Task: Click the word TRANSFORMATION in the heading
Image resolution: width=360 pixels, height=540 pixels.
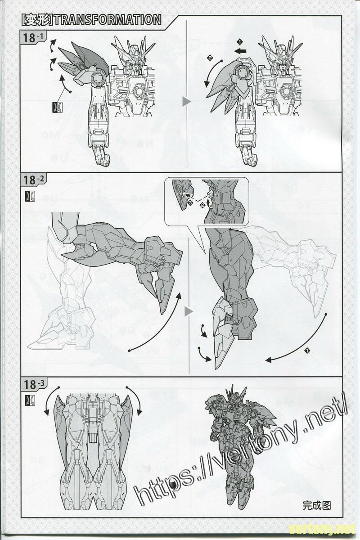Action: pos(108,20)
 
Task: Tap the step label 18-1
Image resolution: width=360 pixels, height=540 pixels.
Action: pos(33,38)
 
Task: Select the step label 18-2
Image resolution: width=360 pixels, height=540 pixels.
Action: pos(33,180)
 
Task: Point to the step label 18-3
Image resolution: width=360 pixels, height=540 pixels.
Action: pos(33,384)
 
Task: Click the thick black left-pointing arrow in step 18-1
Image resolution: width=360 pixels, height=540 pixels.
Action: pos(240,51)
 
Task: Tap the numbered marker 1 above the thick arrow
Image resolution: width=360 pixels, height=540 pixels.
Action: pos(240,42)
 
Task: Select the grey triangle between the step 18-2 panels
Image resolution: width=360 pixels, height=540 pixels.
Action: pos(188,312)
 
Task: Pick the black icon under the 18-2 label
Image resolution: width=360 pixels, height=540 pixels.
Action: pos(30,196)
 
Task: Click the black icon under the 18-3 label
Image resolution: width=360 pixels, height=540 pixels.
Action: pos(30,400)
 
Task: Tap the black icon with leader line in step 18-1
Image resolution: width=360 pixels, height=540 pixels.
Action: pos(58,107)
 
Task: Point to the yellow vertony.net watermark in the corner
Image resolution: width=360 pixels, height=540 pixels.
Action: pos(322,530)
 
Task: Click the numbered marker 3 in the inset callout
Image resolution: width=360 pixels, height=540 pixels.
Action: pos(190,204)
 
